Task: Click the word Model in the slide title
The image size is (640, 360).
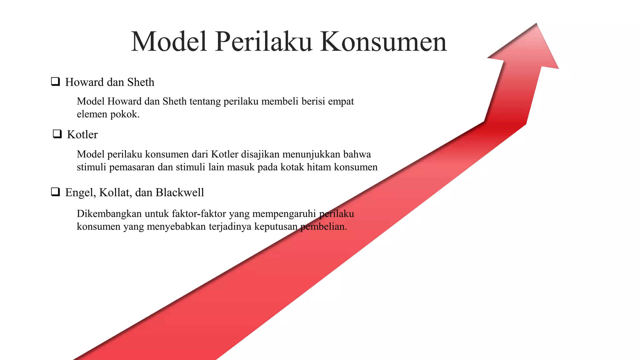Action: coord(169,42)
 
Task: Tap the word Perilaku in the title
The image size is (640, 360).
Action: coord(263,42)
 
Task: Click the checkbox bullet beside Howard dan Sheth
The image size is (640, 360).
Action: coord(56,82)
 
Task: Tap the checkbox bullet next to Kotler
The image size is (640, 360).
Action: coord(57,134)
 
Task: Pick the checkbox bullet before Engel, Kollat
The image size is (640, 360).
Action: coord(56,192)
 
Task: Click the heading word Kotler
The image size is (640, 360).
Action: coord(82,134)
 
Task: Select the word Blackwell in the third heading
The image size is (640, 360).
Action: coord(180,192)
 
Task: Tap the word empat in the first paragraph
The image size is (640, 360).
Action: coord(341,102)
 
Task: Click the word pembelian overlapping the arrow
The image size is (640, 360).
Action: coord(323,227)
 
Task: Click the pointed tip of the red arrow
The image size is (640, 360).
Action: coord(536,25)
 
